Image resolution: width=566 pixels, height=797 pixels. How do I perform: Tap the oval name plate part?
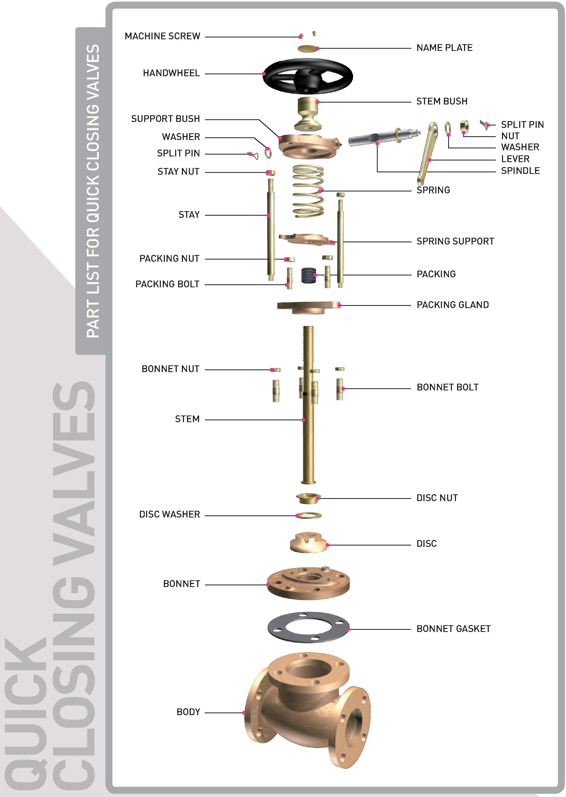point(308,48)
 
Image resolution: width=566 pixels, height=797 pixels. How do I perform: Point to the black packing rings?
point(308,275)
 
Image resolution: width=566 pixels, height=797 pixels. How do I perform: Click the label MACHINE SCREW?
point(162,36)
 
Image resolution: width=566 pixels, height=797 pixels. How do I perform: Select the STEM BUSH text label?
point(442,102)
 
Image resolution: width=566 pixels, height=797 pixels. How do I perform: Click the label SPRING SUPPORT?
point(455,241)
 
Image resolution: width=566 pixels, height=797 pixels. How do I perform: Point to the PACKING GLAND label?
point(453,305)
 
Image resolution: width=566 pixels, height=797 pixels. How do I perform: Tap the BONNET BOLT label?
point(448,387)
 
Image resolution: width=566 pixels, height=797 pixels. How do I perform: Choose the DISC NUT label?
point(437,498)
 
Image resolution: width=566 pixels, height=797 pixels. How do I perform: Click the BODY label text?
point(188,712)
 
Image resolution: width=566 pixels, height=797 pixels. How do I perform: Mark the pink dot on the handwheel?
point(264,74)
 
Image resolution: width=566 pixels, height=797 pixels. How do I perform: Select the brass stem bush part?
point(308,114)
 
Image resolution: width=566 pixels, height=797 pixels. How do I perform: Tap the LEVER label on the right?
point(515,159)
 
